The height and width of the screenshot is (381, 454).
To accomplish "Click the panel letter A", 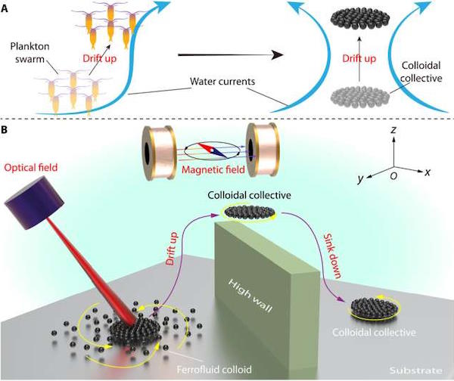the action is pos(4,8).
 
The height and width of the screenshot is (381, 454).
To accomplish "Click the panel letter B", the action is pos(4,130).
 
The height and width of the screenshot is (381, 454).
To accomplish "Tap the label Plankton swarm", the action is pos(30,53).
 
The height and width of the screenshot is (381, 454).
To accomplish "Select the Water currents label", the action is pos(222,82).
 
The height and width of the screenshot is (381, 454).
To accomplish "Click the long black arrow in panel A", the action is pos(230,54).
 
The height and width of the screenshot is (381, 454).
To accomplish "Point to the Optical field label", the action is pos(31,168).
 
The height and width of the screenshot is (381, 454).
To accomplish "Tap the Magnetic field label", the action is pos(213,169).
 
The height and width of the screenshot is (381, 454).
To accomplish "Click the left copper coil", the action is pos(159,153).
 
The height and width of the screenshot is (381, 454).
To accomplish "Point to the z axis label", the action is pos(393,130).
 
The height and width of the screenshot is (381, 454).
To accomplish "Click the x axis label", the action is pos(428,172).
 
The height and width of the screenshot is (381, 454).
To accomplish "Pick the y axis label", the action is pos(360,179).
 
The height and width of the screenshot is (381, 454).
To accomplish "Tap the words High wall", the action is pos(250,296).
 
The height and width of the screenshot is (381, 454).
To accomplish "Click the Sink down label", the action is pos(332,256).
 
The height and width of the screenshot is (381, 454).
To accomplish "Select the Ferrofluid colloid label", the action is pos(214,370).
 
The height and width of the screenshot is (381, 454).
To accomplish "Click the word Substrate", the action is pos(415,370).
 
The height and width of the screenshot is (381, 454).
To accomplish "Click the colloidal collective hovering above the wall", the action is pos(250,212).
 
